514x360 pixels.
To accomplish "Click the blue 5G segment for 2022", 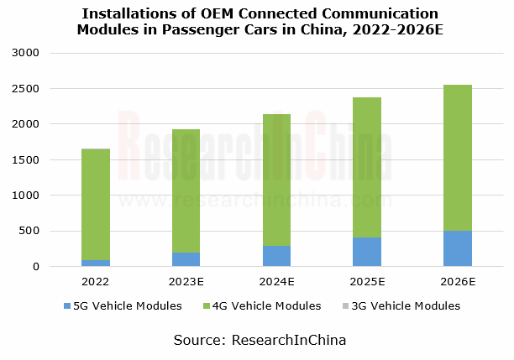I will pyautogui.click(x=96, y=263).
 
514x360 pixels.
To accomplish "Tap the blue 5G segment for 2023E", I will pyautogui.click(x=186, y=259).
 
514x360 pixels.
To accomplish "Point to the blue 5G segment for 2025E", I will pyautogui.click(x=366, y=252).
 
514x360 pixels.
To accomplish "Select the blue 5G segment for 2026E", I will pyautogui.click(x=457, y=248).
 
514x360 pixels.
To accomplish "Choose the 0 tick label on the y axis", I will pyautogui.click(x=37, y=267).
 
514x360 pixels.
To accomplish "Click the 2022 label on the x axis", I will pyautogui.click(x=96, y=282).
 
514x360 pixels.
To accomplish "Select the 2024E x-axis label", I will pyautogui.click(x=276, y=282).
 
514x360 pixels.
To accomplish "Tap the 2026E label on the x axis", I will pyautogui.click(x=457, y=282).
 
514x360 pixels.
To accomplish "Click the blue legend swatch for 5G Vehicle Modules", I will pyautogui.click(x=67, y=306).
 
